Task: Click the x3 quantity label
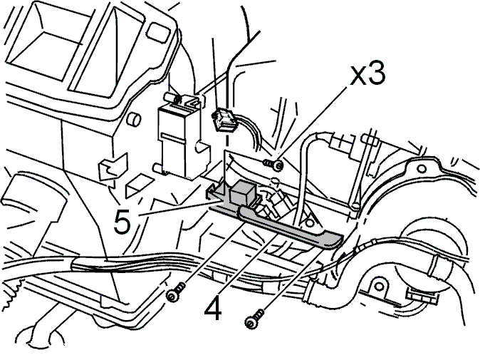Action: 367,74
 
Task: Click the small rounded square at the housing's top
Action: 158,31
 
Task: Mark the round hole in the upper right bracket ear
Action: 422,168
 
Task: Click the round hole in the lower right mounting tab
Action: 379,287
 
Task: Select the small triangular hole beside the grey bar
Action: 308,221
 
